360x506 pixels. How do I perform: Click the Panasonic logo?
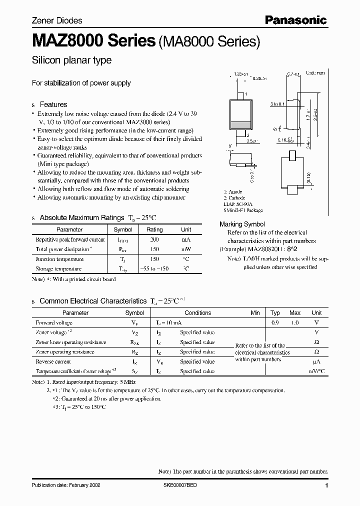click(295, 20)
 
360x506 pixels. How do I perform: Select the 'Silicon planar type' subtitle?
click(71, 60)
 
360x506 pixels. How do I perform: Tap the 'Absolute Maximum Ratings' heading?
click(81, 217)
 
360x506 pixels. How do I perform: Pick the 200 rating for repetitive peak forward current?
click(154, 239)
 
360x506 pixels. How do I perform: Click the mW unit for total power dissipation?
click(186, 249)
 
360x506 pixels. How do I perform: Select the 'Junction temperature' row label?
click(58, 259)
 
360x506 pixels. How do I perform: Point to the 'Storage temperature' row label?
click(58, 269)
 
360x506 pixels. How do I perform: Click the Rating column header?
click(154, 229)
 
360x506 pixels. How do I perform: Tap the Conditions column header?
click(198, 312)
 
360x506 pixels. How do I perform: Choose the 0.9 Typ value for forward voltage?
click(275, 323)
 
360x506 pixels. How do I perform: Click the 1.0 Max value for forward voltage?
click(295, 323)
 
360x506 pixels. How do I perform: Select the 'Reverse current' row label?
click(53, 361)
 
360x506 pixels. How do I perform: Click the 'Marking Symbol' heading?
click(242, 224)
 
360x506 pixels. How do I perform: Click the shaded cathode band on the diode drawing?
click(239, 125)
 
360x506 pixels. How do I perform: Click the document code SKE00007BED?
click(184, 486)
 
